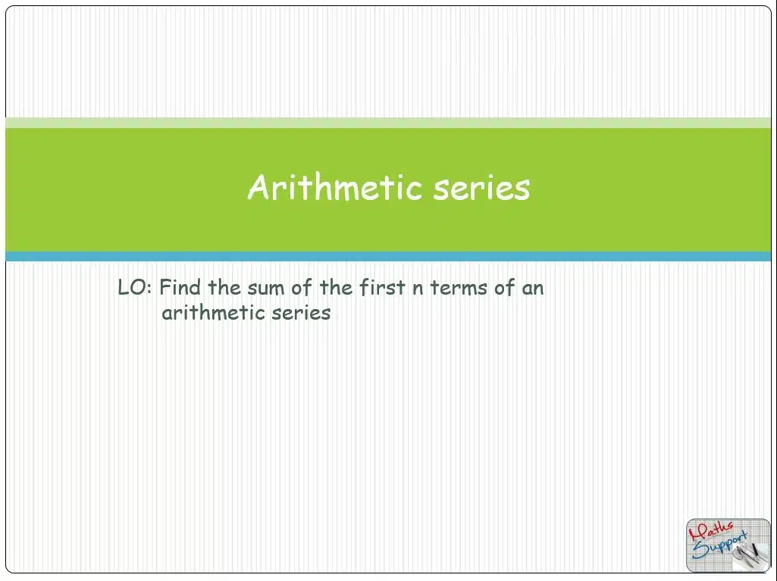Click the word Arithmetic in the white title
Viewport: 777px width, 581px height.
pos(335,187)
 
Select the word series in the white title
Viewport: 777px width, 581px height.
pos(481,188)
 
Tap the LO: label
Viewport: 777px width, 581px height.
pos(135,287)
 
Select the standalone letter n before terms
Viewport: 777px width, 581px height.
pos(418,289)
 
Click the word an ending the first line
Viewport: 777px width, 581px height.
pos(533,289)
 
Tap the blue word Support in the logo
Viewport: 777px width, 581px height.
pos(719,545)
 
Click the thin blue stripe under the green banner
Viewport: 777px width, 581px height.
pos(388,256)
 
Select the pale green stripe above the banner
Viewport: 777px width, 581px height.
pos(388,123)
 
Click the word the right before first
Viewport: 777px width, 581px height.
pos(336,287)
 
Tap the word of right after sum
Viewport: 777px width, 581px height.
pos(301,287)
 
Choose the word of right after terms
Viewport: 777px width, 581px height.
pos(504,287)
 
